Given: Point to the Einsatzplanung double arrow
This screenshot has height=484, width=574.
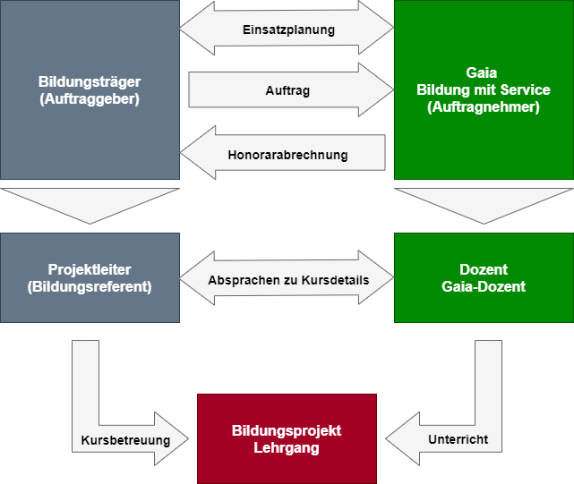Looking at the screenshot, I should click(x=287, y=30).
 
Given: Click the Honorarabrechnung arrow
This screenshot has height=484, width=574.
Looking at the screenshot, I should click(x=287, y=155).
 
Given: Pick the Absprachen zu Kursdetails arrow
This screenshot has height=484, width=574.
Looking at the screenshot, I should click(x=287, y=280).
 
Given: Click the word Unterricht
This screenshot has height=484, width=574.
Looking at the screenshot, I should click(x=458, y=441).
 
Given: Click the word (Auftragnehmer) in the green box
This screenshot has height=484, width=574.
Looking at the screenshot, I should click(x=484, y=107).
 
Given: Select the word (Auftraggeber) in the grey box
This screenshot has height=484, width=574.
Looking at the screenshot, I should click(x=90, y=99).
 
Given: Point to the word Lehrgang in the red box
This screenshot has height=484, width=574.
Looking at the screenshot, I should click(x=287, y=447).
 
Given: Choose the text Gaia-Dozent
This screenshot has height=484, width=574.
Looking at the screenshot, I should click(x=484, y=286).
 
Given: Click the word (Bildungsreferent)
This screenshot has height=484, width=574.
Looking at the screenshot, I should click(x=90, y=286).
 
